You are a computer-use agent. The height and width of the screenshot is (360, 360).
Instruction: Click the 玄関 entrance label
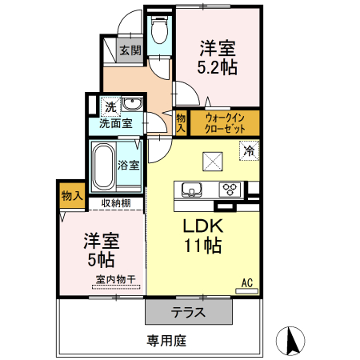130,50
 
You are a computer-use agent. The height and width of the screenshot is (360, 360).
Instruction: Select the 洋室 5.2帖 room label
218,57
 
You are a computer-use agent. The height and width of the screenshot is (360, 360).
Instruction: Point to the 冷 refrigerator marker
250,150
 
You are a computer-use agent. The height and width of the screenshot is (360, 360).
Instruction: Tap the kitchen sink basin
193,190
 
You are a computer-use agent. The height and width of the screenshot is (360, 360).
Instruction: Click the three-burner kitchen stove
231,190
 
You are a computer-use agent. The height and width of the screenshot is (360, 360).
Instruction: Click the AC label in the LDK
248,282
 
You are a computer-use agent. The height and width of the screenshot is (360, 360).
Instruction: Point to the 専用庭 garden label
166,341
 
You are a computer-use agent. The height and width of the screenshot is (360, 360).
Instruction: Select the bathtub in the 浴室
103,165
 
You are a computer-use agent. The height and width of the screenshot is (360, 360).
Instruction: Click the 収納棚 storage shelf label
116,202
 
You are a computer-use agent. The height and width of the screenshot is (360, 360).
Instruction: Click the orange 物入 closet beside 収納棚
72,196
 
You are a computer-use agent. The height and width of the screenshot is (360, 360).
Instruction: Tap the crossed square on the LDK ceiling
213,160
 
